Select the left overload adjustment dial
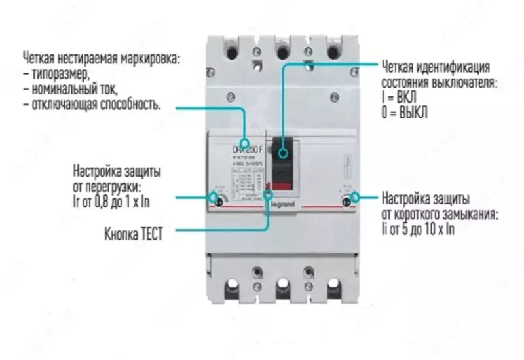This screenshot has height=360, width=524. coord(217,197)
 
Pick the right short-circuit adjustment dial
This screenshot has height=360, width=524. coord(348,198)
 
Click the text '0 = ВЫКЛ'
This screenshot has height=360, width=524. coord(404,111)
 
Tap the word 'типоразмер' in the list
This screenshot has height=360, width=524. coord(59,73)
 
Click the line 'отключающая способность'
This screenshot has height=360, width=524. coord(92,104)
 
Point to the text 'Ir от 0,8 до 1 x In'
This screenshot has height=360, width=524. coord(111,202)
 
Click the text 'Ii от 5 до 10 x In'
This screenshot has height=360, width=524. coord(419,229)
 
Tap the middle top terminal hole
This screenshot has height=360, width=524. coord(282,49)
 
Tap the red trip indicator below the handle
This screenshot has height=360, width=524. coord(282,186)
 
